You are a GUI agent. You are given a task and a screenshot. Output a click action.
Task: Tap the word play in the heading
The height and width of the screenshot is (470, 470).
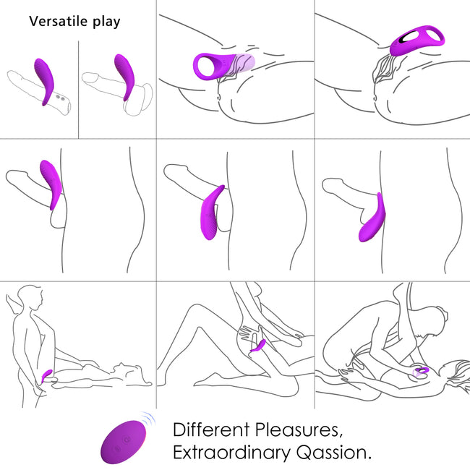[106, 22]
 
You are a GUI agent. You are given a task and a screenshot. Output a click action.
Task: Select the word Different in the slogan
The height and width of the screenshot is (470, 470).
[211, 430]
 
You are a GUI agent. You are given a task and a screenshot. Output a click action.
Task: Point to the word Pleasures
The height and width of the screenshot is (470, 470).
[299, 430]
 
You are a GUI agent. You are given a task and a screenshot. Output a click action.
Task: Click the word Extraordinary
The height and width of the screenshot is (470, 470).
[231, 453]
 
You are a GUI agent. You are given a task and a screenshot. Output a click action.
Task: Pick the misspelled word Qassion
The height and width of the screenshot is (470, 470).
[334, 453]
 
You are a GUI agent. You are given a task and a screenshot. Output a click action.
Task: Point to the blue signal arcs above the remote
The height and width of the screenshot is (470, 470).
[148, 419]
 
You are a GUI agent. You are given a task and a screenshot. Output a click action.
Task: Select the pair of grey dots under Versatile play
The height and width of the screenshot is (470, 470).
[60, 98]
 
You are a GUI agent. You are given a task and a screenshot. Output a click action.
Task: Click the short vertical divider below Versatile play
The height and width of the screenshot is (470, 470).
[79, 90]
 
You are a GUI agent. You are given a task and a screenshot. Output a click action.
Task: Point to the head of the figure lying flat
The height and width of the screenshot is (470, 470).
[121, 369]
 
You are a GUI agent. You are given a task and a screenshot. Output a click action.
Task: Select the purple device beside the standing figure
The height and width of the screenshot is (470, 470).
[47, 375]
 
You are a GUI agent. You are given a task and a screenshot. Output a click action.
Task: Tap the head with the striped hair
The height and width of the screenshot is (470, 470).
[458, 375]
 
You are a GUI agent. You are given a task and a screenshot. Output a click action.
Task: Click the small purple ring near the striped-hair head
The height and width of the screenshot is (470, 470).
[421, 372]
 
